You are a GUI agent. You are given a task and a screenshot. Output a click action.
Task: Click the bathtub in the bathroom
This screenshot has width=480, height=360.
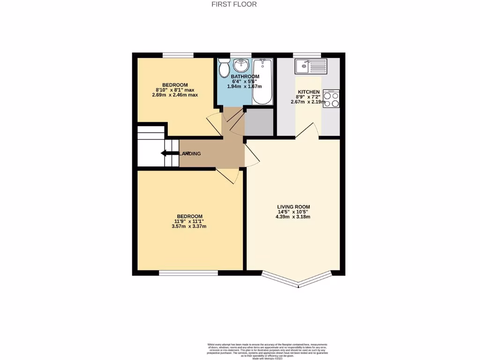click(x=262, y=82)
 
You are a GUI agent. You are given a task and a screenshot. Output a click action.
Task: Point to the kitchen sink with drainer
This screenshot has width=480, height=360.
click(x=310, y=67)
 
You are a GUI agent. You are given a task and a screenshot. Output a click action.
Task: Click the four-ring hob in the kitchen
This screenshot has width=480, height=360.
click(x=331, y=98)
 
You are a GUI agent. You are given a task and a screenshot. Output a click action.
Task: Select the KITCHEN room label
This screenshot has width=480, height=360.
click(x=308, y=92)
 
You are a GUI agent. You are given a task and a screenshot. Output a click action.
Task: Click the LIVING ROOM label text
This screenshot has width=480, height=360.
click(x=293, y=207)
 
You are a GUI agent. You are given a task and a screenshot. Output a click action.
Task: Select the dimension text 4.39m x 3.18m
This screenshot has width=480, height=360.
click(x=293, y=217)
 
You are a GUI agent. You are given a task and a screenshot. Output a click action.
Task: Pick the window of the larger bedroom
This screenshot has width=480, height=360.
click(x=188, y=273)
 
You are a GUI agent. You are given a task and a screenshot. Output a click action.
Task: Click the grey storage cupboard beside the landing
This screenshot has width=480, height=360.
click(x=259, y=122)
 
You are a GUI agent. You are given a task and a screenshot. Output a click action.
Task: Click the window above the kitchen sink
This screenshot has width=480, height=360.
click(x=307, y=55)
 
